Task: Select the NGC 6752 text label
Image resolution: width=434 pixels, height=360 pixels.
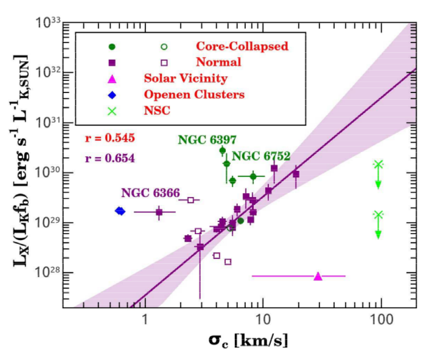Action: [261, 156]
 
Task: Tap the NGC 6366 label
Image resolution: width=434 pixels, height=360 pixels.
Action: [150, 193]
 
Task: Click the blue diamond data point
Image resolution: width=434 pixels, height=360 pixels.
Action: [121, 211]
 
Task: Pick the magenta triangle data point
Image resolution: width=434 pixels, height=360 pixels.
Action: [318, 276]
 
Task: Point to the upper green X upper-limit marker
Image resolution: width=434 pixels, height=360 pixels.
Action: [378, 164]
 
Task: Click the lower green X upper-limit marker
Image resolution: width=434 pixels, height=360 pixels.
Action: [378, 215]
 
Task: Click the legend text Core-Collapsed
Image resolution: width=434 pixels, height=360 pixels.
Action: [242, 46]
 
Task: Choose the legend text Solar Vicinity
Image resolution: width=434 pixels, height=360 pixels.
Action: [186, 78]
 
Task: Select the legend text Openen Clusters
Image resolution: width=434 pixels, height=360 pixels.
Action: [194, 94]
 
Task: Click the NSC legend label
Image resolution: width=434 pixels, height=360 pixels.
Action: [156, 110]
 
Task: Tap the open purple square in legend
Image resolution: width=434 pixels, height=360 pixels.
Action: [164, 62]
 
